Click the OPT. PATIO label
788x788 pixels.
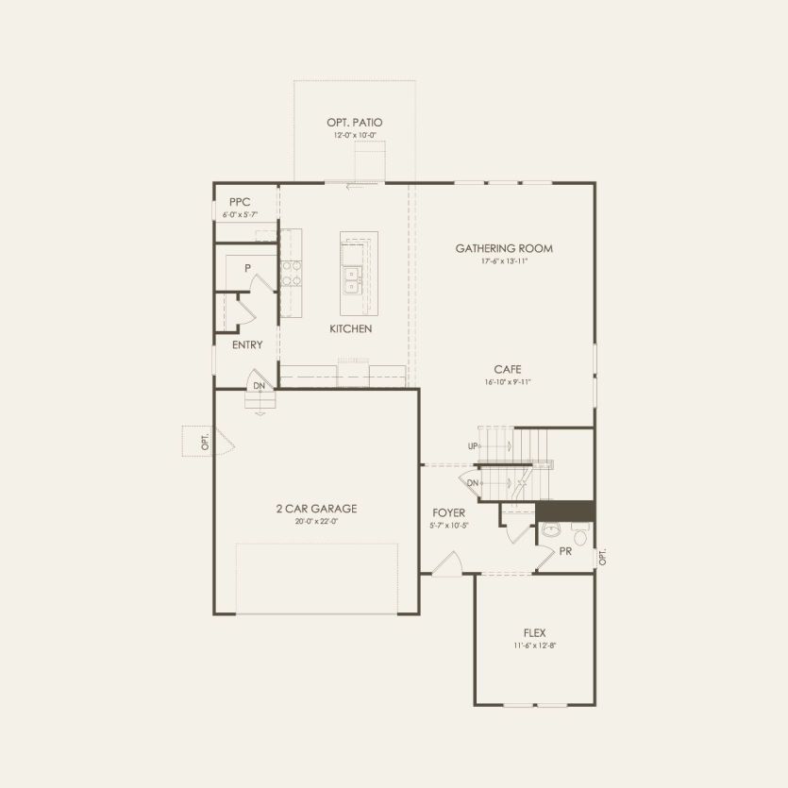pos(354,123)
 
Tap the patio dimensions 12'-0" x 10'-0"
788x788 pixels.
pos(354,136)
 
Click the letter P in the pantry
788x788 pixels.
pos(247,269)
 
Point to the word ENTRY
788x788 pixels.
pos(247,345)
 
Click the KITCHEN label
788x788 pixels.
pos(350,329)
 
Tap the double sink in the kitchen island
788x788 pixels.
pos(353,280)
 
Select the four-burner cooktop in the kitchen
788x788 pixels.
pos(292,273)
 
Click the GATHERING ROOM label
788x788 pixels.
pos(504,249)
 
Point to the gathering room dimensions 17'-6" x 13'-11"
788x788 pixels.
pos(504,261)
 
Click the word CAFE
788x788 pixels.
pos(507,370)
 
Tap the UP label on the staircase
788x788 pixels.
pos(472,445)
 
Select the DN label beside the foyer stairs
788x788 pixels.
pos(472,483)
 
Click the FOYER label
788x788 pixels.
pos(450,512)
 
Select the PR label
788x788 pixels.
pos(565,551)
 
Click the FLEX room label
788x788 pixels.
pos(534,633)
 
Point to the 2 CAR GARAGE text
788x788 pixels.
pos(316,509)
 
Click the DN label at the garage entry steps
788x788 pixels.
pos(259,386)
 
